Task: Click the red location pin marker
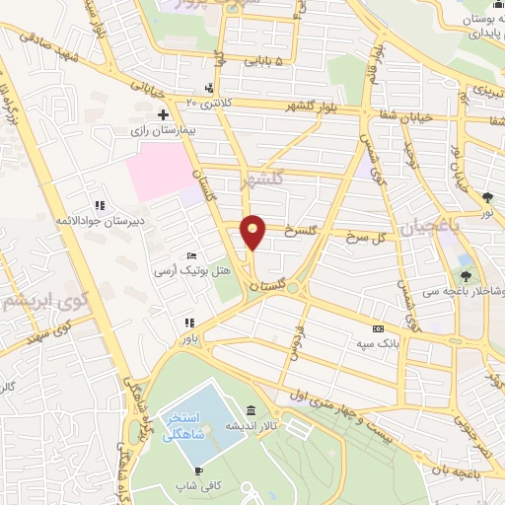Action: tap(253, 231)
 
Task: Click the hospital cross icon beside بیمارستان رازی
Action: tap(162, 115)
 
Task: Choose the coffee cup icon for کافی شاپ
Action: tap(198, 470)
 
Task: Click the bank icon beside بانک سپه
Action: tap(377, 329)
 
